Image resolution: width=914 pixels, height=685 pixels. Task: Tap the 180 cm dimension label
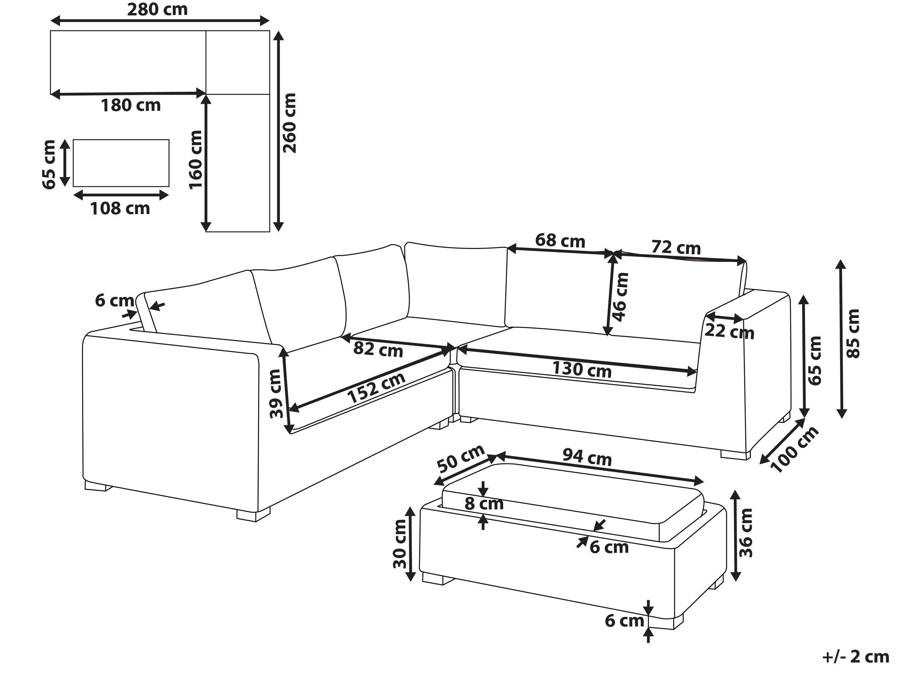(131, 106)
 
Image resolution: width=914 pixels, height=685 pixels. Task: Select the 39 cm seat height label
(276, 393)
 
